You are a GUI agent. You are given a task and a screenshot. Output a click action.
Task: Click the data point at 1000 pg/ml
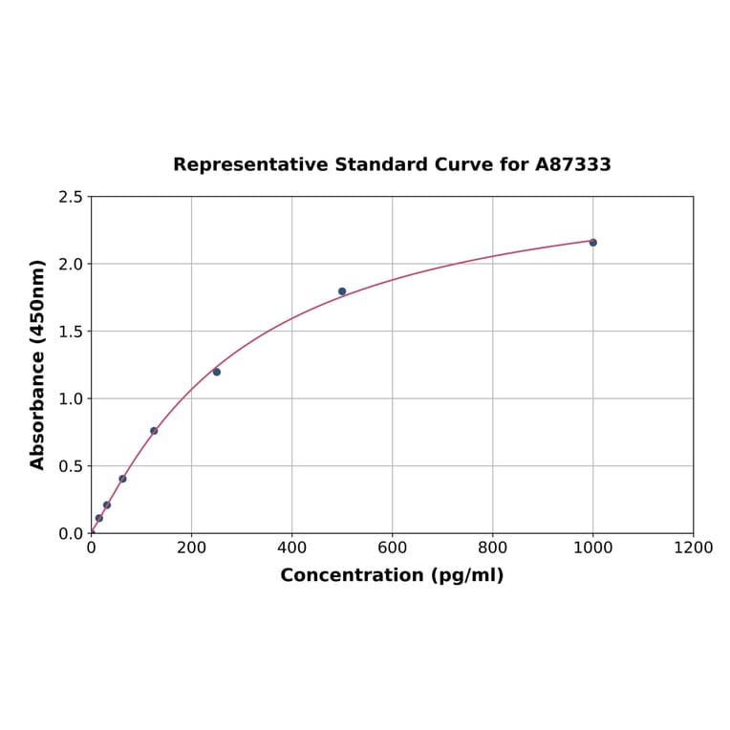click(x=592, y=243)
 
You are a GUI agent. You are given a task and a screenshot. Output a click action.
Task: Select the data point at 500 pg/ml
click(x=342, y=291)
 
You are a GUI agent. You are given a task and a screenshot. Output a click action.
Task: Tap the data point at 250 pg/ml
click(x=217, y=372)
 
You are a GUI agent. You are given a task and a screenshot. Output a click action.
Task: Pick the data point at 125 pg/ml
click(x=154, y=431)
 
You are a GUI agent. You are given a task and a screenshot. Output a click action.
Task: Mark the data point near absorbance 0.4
click(x=122, y=479)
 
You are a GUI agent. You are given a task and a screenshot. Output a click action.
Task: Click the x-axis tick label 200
click(x=191, y=547)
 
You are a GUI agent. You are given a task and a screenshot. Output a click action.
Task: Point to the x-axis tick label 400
click(x=291, y=547)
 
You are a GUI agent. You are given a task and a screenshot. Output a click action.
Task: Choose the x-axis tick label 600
click(x=392, y=547)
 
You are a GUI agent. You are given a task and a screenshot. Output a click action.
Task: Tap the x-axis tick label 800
click(x=492, y=547)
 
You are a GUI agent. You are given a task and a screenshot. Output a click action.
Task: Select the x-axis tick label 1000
click(x=592, y=547)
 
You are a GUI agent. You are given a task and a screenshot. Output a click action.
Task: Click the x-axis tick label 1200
click(x=693, y=547)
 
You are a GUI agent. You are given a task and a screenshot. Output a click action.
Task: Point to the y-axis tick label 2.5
click(x=70, y=197)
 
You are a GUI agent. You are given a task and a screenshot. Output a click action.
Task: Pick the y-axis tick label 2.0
click(x=70, y=264)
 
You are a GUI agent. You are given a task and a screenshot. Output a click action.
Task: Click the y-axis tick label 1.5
click(x=70, y=332)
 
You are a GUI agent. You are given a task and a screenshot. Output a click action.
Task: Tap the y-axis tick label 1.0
click(x=70, y=398)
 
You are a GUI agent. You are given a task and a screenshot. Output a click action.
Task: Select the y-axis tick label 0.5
click(x=70, y=466)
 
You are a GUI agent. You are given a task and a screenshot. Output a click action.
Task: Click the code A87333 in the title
click(x=572, y=164)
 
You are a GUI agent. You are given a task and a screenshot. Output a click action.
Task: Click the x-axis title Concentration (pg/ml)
click(x=392, y=575)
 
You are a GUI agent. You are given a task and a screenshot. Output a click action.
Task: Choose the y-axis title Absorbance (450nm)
click(x=38, y=364)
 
